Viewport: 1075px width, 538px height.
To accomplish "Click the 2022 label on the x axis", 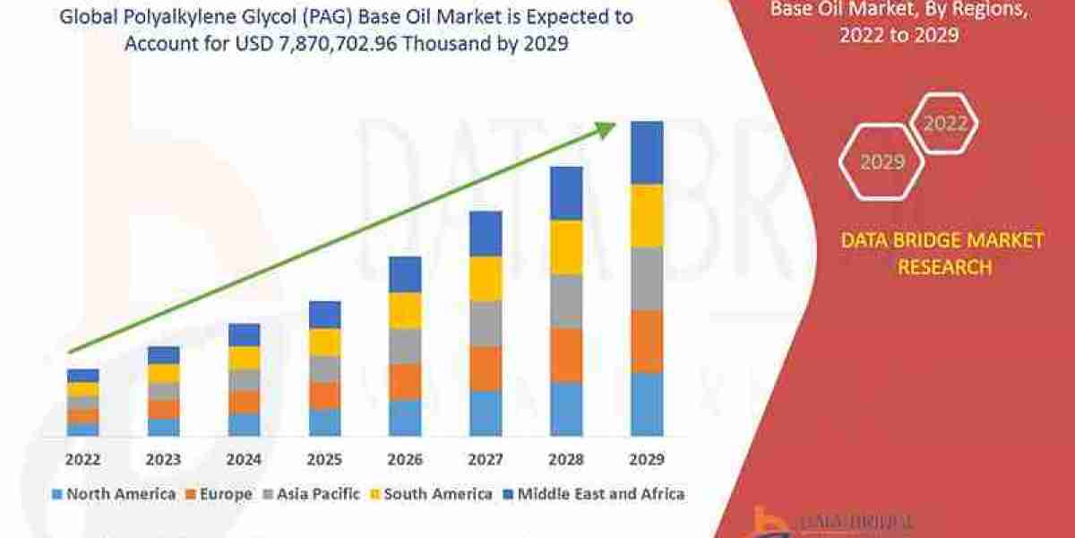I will [82, 459].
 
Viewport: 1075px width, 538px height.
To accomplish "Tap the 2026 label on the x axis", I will [405, 459].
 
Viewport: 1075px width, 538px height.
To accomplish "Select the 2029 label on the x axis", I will [647, 459].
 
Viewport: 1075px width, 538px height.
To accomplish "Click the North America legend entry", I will [114, 494].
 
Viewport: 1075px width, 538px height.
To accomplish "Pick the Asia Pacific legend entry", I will [312, 494].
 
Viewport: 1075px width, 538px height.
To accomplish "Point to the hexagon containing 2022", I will [943, 125].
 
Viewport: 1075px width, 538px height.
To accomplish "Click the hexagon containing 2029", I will [881, 162].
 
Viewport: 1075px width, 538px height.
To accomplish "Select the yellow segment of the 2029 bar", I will [647, 215].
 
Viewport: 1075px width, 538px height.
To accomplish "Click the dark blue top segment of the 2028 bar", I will [566, 193].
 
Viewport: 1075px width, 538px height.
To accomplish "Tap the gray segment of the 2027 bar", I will [486, 324].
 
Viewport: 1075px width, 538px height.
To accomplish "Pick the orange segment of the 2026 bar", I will [405, 381].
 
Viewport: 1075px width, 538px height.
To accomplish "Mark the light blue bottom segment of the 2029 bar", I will [647, 404].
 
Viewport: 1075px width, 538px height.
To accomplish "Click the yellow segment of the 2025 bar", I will [324, 343].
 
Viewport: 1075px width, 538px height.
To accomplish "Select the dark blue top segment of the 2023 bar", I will [163, 355].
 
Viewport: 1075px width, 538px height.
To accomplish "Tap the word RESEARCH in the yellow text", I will [942, 267].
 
